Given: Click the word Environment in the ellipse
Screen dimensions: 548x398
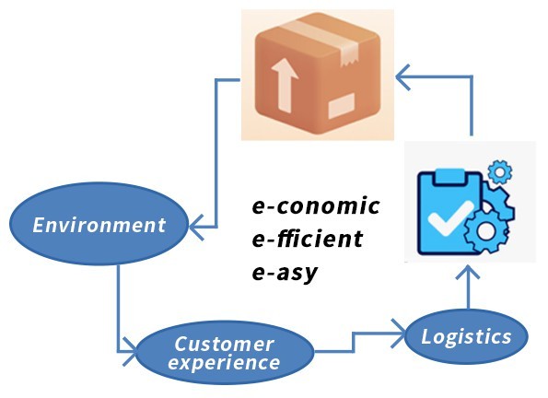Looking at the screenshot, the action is pyautogui.click(x=99, y=225).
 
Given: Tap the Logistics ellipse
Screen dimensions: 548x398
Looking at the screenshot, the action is pyautogui.click(x=466, y=336).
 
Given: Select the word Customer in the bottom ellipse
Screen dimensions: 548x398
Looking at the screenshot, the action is pyautogui.click(x=224, y=344).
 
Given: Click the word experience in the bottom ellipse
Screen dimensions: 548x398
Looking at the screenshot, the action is pyautogui.click(x=224, y=362).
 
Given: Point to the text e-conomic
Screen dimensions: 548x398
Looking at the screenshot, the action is pyautogui.click(x=316, y=205).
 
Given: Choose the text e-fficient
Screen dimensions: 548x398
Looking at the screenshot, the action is pyautogui.click(x=308, y=239).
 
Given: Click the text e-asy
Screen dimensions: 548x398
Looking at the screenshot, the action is pyautogui.click(x=285, y=273).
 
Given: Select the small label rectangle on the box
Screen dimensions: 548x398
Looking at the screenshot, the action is pyautogui.click(x=342, y=106).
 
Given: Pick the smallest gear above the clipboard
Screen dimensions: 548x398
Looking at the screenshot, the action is pyautogui.click(x=500, y=172).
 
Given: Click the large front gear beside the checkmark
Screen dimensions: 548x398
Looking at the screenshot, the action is pyautogui.click(x=485, y=231).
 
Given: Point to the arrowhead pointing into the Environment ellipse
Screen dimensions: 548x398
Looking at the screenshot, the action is pyautogui.click(x=196, y=228).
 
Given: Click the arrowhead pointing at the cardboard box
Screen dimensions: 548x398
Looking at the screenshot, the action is pyautogui.click(x=402, y=77).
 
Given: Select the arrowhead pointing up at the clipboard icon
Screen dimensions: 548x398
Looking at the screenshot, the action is pyautogui.click(x=468, y=273).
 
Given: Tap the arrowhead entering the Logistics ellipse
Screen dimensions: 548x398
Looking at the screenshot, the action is pyautogui.click(x=399, y=333).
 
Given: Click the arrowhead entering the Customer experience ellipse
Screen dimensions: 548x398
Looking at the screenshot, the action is pyautogui.click(x=130, y=351).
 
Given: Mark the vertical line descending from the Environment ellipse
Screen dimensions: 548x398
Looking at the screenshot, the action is pyautogui.click(x=119, y=308).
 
